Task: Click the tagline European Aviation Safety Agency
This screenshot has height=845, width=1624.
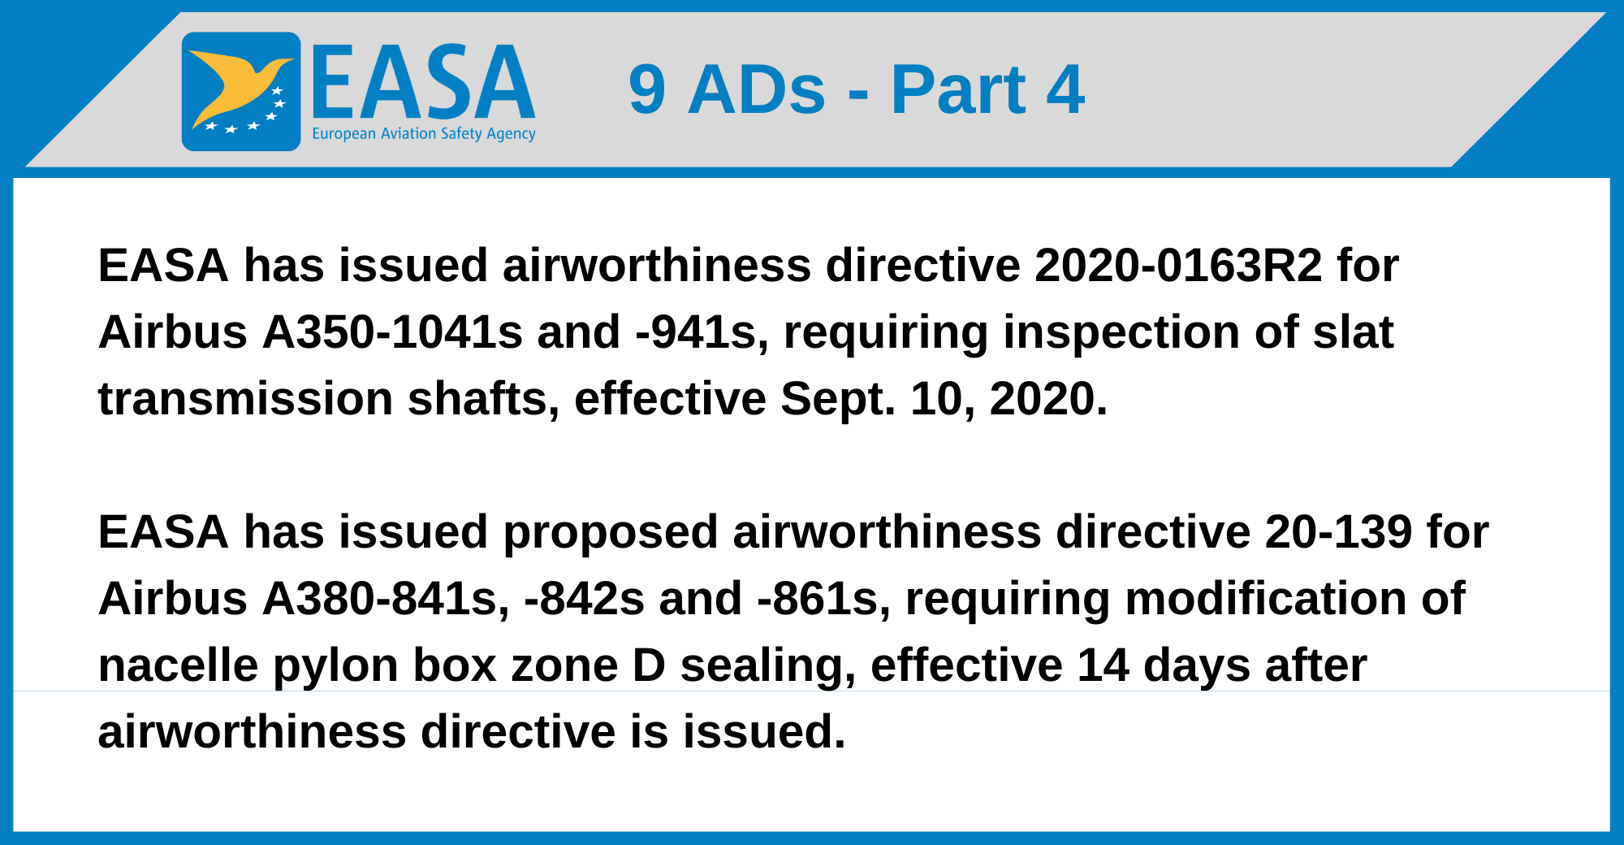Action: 424,134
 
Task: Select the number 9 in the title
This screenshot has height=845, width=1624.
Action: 647,89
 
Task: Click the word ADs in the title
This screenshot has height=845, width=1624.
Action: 757,89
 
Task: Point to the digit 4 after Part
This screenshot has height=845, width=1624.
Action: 1065,89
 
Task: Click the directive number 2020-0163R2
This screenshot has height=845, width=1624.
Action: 1178,266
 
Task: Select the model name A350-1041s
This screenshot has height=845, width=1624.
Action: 392,332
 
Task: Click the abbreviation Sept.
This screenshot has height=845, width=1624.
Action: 838,400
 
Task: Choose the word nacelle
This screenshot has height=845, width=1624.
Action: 178,665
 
